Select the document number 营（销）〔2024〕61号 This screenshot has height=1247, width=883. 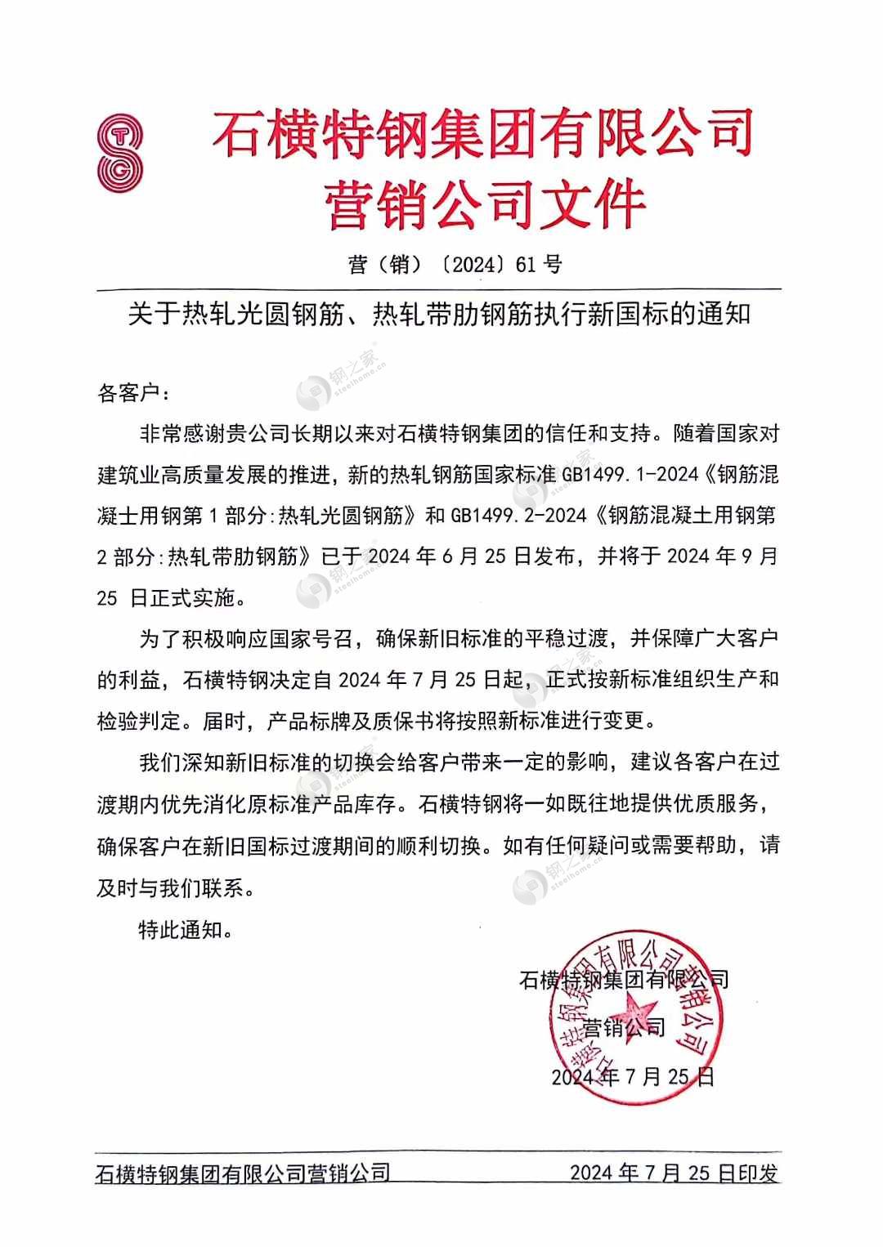pos(455,264)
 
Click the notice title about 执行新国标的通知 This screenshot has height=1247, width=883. pos(439,314)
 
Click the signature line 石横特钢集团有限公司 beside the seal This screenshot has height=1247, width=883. pos(623,979)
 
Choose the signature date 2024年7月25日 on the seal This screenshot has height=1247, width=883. pos(633,1076)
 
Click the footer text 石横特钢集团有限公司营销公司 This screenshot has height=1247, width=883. pos(243,1173)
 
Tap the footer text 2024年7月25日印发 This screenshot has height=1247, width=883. pos(673,1173)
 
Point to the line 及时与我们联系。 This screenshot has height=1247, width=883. pos(176,888)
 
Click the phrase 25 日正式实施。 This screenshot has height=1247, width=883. pos(171,598)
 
